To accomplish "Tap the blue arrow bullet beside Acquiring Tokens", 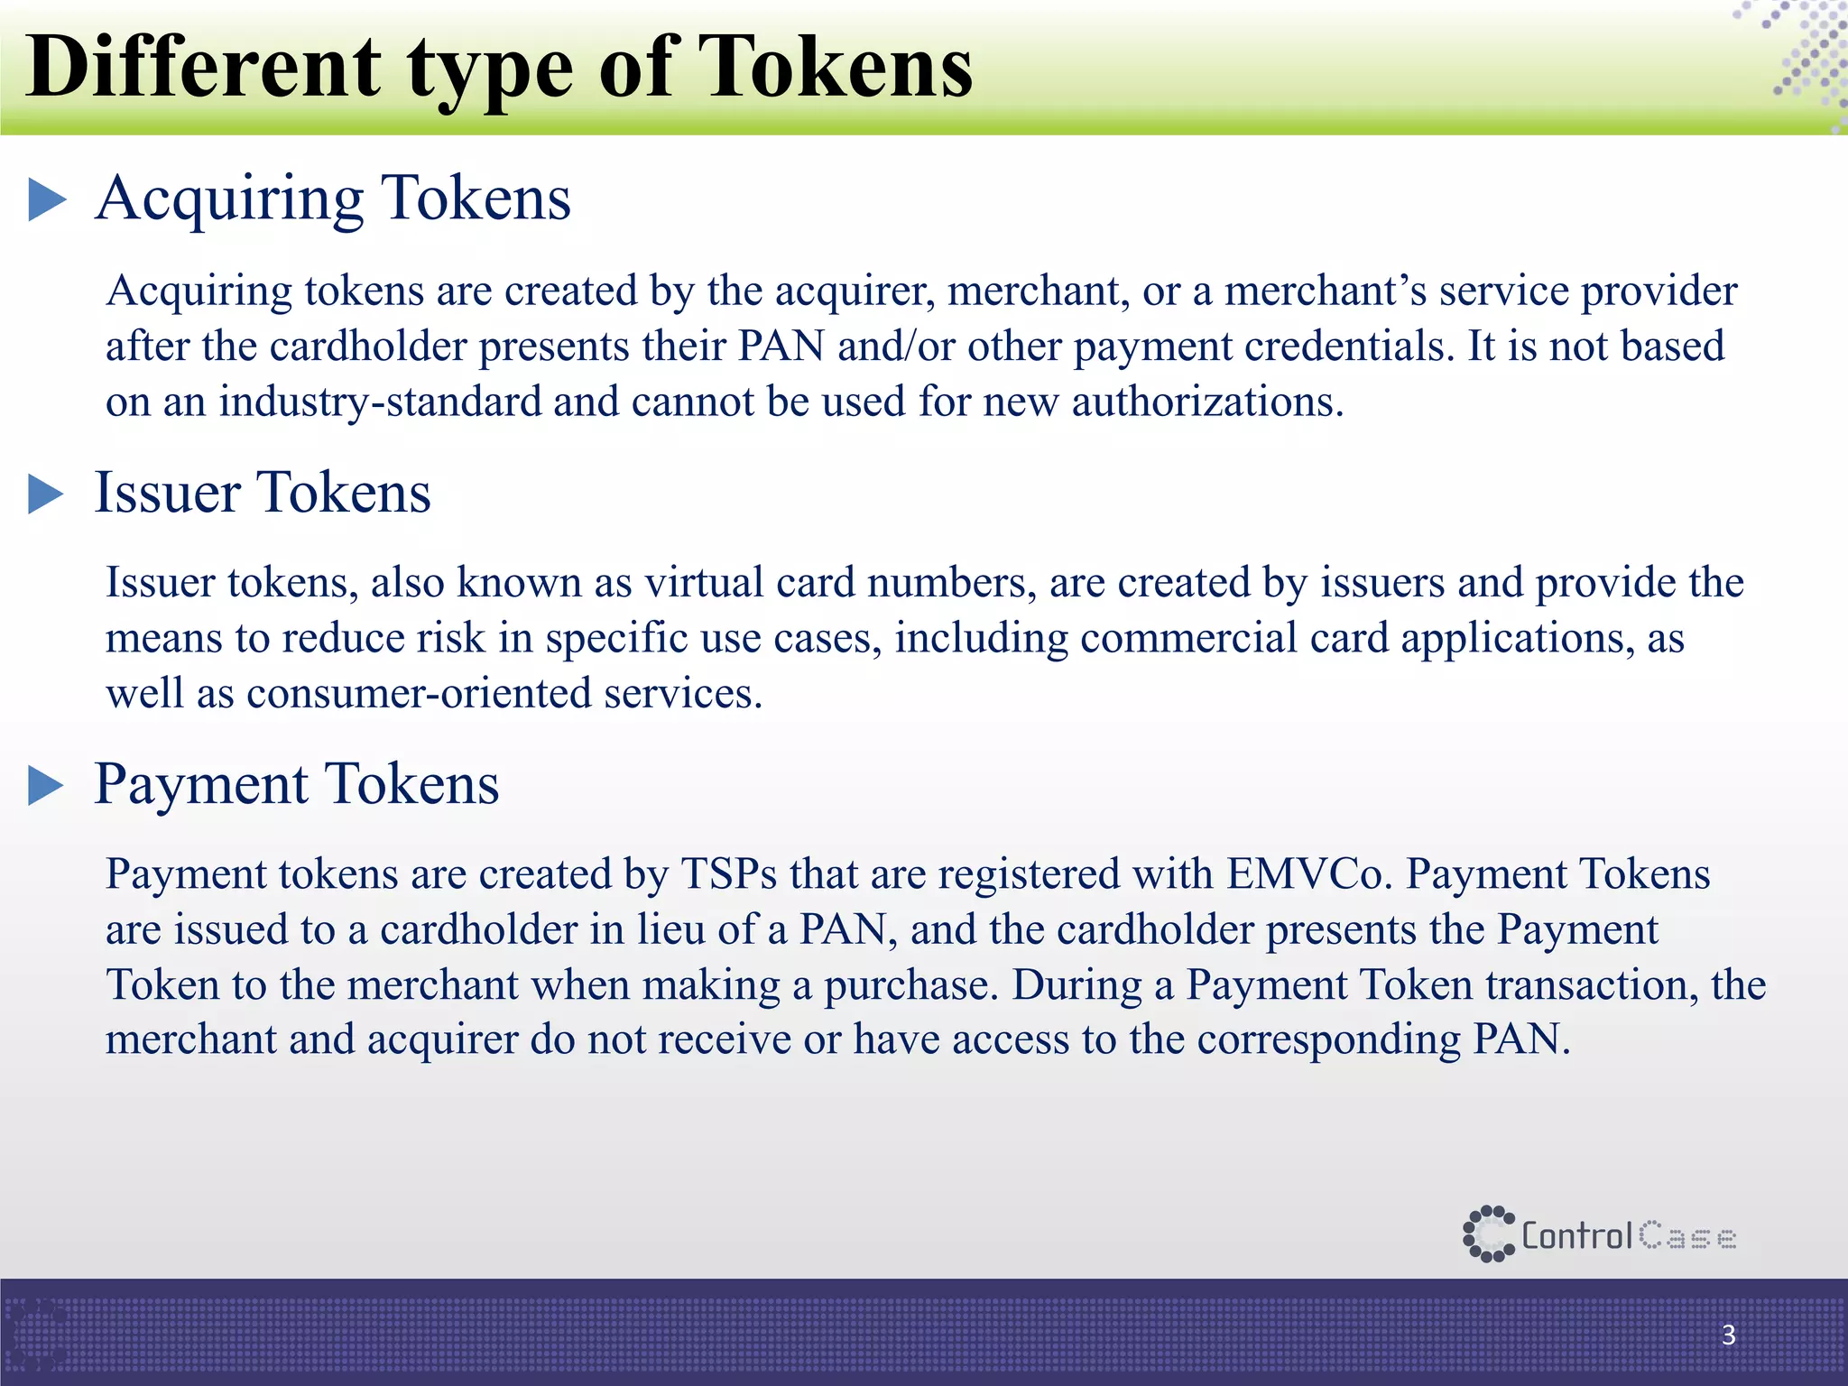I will tap(47, 199).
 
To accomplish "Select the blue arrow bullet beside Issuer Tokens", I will tap(46, 494).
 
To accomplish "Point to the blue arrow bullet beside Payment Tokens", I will tap(46, 785).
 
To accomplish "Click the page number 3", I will tap(1728, 1335).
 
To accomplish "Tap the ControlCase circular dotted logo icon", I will tap(1488, 1234).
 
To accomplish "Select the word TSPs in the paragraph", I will tap(729, 874).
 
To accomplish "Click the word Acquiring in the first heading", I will tap(230, 199).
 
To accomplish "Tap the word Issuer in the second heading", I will tap(168, 494).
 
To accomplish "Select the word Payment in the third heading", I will tap(201, 785).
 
